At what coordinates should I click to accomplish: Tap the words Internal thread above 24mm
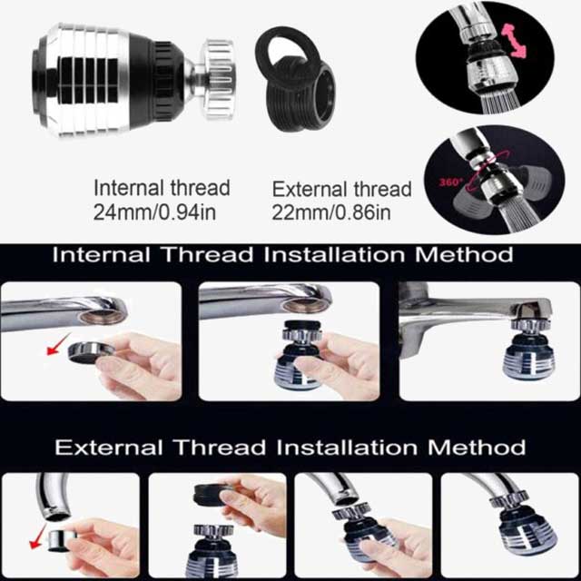click(x=162, y=189)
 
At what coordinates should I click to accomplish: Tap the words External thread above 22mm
click(x=341, y=190)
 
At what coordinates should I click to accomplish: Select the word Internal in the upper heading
click(x=103, y=254)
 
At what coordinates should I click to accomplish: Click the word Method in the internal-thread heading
click(x=464, y=254)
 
